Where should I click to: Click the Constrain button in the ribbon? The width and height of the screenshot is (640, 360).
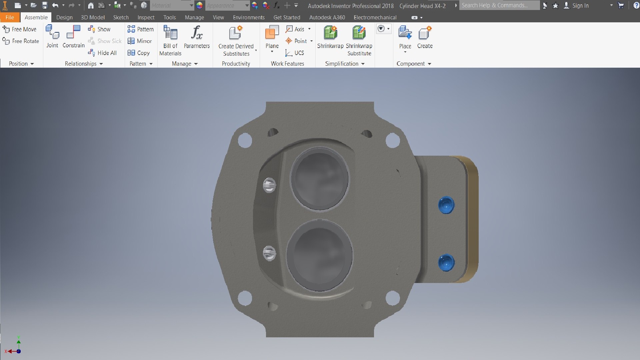pos(73,37)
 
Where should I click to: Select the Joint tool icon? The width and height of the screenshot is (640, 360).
pos(52,37)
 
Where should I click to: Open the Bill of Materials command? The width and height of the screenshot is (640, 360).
pos(170,40)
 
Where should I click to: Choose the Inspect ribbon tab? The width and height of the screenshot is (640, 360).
pos(146,17)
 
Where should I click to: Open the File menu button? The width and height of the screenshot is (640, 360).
pos(10,17)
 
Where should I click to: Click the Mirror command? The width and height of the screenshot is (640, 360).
pos(140,41)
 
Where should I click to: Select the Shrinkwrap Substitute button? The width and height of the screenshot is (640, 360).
pos(359,40)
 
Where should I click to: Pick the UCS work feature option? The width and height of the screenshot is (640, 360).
pos(295,53)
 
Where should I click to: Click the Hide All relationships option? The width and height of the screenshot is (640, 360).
pos(102,53)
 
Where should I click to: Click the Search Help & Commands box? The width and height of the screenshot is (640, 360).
pos(499,5)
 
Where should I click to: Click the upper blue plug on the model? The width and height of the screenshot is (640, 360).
pos(446,205)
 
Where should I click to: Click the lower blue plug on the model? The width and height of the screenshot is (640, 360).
pos(446,262)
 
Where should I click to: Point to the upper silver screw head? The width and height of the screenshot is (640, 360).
pos(269,185)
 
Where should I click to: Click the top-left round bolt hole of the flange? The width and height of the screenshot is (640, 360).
pos(245,140)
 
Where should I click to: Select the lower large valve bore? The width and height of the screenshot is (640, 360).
pos(319,255)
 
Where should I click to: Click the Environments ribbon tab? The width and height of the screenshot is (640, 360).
pos(248,17)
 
